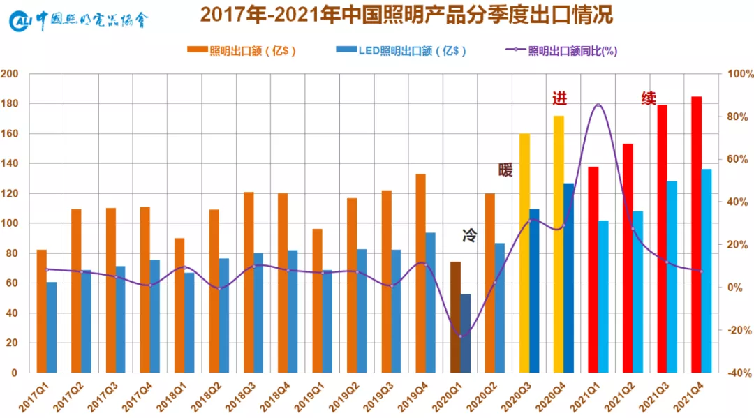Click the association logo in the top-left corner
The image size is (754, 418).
pos(80,21)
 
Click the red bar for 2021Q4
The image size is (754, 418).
pos(696,234)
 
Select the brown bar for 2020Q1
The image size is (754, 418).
pos(455,317)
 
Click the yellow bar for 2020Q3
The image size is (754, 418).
pos(524,253)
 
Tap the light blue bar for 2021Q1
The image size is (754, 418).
pos(603,297)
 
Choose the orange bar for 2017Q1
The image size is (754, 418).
pos(42,311)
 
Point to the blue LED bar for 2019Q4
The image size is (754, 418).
pos(431,302)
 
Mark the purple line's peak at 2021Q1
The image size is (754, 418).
pos(598,105)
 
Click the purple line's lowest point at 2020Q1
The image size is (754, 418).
pos(461,336)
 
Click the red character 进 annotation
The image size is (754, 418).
pos(559,98)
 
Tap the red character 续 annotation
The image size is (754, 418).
pos(649,98)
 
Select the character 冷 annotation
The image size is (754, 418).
pos(469,236)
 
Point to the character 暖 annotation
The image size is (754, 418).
pos(505,170)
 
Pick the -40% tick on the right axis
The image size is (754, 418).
pos(739,373)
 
